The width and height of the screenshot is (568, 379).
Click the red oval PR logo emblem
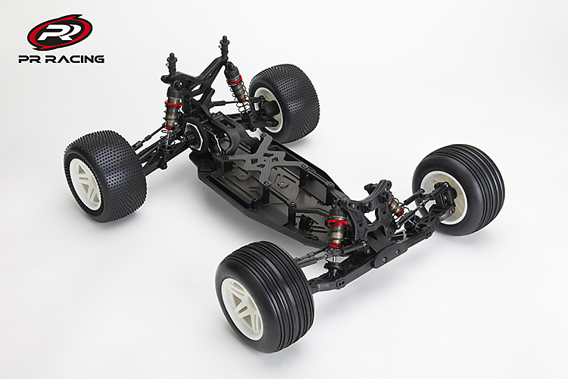[59, 32]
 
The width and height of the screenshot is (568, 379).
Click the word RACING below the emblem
[76, 59]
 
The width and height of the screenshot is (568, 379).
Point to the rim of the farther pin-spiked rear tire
[269, 108]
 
